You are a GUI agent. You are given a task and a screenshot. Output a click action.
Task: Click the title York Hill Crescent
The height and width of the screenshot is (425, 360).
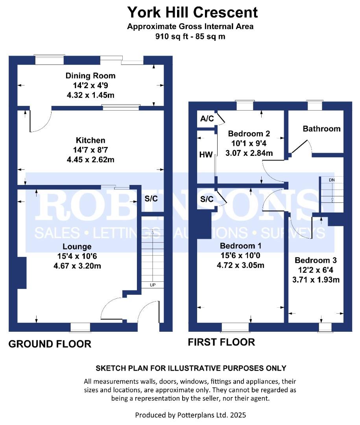pos(192,12)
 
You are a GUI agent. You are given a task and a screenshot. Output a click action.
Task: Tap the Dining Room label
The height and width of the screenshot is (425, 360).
pos(90,76)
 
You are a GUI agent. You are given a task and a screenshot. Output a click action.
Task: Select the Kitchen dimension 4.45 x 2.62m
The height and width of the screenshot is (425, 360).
pos(90,160)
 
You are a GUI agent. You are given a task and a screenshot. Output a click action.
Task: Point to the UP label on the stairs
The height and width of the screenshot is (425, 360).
pos(153,285)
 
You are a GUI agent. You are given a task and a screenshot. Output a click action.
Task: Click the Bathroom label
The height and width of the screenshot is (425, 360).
pos(321,129)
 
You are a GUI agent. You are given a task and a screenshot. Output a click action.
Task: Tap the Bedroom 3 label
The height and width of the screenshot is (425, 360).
pos(316,261)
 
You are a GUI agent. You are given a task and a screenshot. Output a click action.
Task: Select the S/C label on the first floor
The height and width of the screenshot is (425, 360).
pos(207,199)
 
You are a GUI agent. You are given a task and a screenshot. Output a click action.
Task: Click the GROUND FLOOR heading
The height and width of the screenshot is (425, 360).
pos(50,344)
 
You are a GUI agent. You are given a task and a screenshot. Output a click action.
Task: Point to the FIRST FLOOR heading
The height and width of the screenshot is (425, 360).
pos(221,342)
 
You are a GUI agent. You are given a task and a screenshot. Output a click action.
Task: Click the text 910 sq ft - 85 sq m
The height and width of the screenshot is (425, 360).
pos(190,37)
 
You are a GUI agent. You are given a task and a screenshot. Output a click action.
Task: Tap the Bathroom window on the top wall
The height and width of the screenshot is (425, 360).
pos(314,105)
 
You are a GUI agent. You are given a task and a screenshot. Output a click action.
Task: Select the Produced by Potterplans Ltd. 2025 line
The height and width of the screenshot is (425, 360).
pos(190,415)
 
